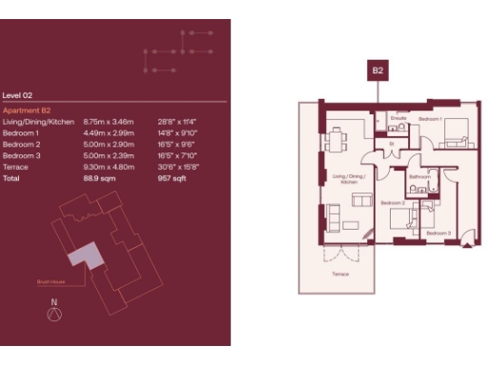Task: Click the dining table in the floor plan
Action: [x=335, y=140]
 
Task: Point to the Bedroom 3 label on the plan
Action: [x=437, y=234]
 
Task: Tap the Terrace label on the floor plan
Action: [x=340, y=274]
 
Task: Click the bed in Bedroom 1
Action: [x=453, y=132]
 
